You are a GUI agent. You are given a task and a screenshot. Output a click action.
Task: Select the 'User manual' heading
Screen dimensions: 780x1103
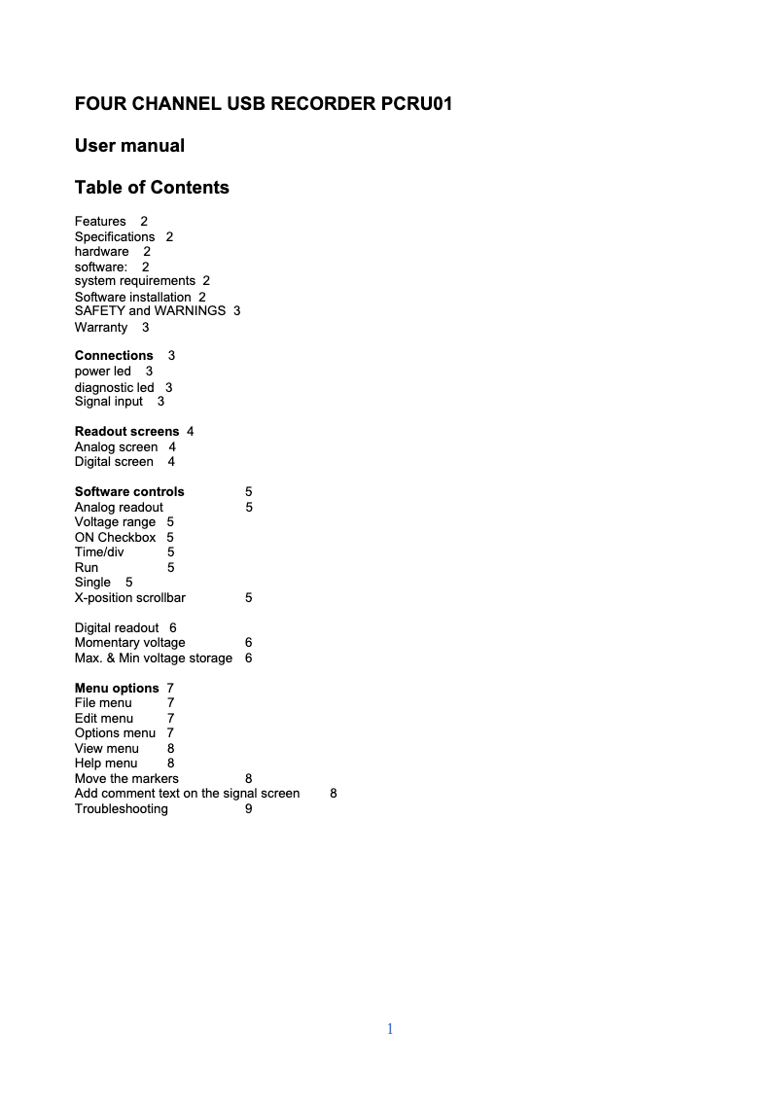click(x=129, y=146)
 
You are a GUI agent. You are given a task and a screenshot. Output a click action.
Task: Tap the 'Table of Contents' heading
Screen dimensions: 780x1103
click(x=152, y=188)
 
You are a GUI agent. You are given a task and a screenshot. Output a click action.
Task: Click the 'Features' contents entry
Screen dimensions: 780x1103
click(x=100, y=222)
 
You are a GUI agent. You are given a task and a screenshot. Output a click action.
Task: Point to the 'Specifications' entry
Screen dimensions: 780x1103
click(x=115, y=237)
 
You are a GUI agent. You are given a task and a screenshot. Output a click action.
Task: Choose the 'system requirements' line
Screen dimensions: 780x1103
click(x=135, y=281)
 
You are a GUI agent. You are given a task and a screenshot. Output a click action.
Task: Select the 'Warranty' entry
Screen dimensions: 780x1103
click(x=101, y=328)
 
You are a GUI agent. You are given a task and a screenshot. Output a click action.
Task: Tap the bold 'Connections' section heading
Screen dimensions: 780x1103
click(x=114, y=356)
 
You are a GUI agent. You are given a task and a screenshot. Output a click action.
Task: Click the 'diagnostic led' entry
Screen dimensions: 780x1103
click(x=115, y=387)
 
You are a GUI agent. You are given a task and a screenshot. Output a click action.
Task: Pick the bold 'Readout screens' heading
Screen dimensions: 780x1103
click(x=126, y=431)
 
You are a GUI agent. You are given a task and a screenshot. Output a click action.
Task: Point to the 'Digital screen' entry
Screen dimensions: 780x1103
click(x=114, y=462)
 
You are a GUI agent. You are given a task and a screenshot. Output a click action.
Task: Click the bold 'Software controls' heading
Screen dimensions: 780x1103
click(x=129, y=492)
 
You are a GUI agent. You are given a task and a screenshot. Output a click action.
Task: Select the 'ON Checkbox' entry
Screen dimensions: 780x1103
click(x=115, y=537)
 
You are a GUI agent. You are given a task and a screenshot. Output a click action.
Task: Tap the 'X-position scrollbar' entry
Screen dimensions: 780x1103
click(x=130, y=598)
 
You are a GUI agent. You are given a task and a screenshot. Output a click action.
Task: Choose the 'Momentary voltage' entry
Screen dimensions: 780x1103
click(x=130, y=643)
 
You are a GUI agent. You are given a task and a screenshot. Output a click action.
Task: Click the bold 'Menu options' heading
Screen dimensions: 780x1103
click(x=117, y=689)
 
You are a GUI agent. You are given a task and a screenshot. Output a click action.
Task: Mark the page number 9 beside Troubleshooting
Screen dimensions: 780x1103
click(x=249, y=809)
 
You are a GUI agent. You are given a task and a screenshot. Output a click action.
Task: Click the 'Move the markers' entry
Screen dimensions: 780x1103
click(x=126, y=779)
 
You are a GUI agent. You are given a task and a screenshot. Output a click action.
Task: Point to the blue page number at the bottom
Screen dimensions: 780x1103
click(x=390, y=1029)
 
